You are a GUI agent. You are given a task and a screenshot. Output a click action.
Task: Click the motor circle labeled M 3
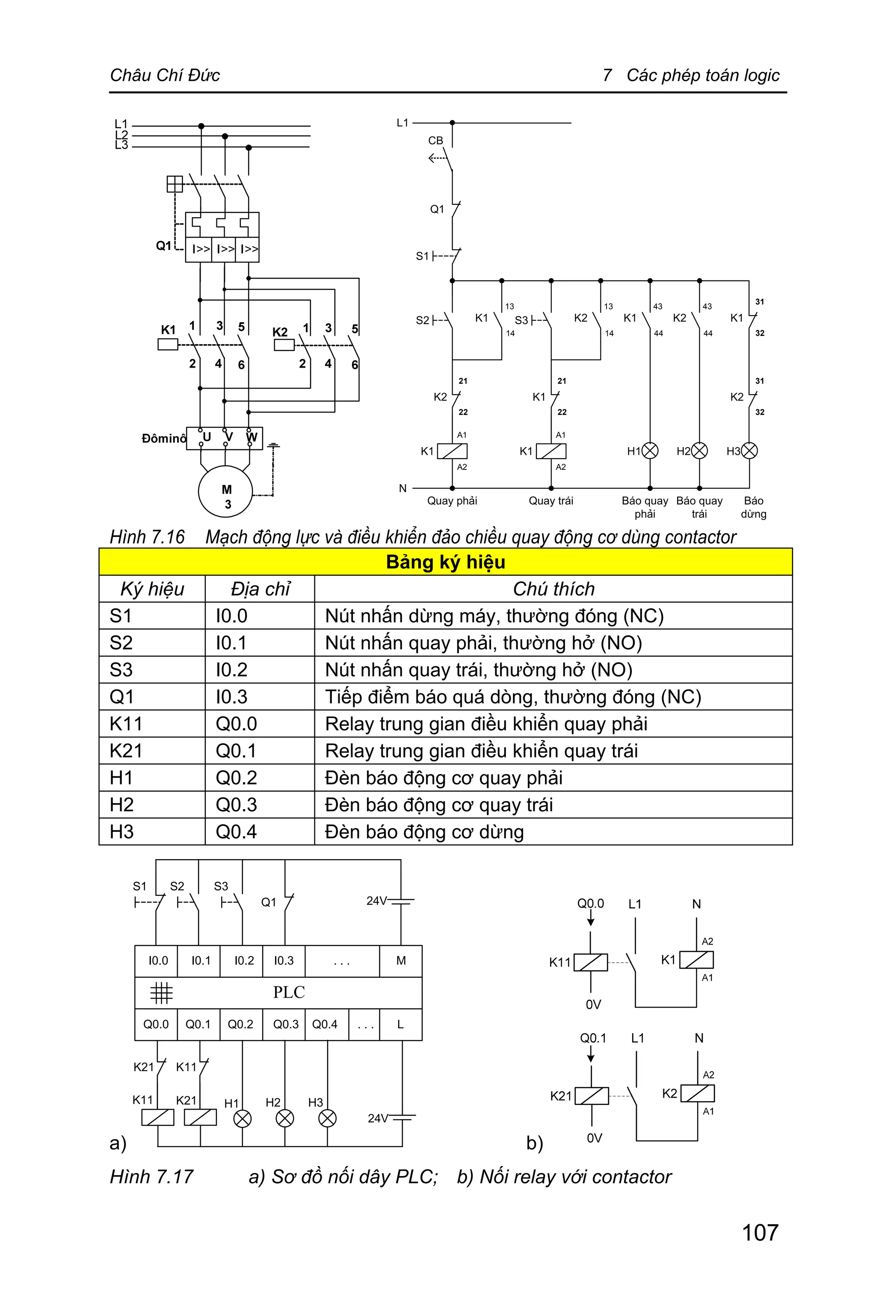[x=226, y=491]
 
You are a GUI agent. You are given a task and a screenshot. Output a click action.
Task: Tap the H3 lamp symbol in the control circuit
[x=749, y=451]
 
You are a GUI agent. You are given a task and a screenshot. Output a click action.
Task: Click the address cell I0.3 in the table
[x=231, y=697]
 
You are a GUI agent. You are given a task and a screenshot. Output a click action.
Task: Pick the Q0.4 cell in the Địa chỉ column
[x=236, y=831]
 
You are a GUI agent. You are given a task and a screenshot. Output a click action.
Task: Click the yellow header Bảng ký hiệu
[x=445, y=562]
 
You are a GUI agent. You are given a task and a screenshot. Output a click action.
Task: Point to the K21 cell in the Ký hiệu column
[x=126, y=751]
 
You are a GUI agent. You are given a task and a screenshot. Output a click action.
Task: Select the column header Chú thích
[x=553, y=589]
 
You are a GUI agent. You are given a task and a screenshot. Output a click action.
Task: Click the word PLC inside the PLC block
[x=289, y=992]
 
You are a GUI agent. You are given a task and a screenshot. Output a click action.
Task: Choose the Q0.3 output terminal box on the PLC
[x=285, y=1024]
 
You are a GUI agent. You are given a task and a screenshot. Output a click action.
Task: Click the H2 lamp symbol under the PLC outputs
[x=285, y=1118]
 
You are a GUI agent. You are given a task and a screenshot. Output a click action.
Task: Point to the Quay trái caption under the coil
[x=551, y=501]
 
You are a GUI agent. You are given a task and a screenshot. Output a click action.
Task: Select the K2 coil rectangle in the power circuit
[x=284, y=345]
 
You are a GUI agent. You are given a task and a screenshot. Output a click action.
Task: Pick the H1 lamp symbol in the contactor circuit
[x=650, y=451]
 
